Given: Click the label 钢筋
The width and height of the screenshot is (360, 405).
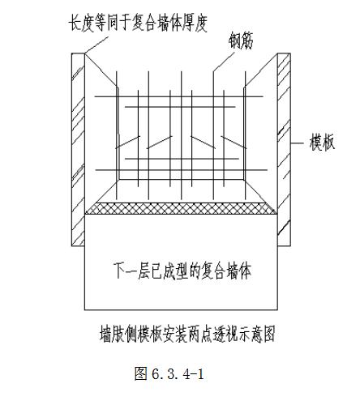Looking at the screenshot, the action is tap(242, 40).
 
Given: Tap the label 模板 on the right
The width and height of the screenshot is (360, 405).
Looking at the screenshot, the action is tap(322, 143).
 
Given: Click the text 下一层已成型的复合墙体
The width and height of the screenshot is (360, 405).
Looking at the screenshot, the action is tap(183, 271).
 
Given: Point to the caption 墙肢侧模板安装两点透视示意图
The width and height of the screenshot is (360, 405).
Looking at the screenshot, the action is tap(187, 334).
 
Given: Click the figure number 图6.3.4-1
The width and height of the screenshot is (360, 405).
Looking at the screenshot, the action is tap(169, 373).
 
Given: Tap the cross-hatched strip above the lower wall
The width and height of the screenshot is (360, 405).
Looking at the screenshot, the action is tap(182, 208).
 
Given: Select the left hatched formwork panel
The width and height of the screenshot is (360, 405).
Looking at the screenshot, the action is tap(79, 150).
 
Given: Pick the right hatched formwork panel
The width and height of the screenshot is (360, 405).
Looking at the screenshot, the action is tap(284, 150).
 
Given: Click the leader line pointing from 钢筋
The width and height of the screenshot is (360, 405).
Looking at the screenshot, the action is tap(224, 62).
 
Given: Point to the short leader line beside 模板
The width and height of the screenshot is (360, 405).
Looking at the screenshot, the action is tap(298, 143).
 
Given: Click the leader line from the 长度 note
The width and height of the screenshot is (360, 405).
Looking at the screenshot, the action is tap(96, 45).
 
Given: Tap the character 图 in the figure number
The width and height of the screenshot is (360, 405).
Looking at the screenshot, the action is tap(141, 373).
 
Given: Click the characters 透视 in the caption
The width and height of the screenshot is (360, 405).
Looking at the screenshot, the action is tap(225, 334).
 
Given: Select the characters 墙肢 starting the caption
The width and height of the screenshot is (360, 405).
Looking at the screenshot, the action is tap(112, 335).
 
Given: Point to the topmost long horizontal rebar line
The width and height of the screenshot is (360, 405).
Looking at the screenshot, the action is tap(178, 96).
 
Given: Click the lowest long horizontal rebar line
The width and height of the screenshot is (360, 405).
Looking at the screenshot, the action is tap(182, 170).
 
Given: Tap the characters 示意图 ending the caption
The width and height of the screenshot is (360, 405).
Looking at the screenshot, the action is tap(257, 335).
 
